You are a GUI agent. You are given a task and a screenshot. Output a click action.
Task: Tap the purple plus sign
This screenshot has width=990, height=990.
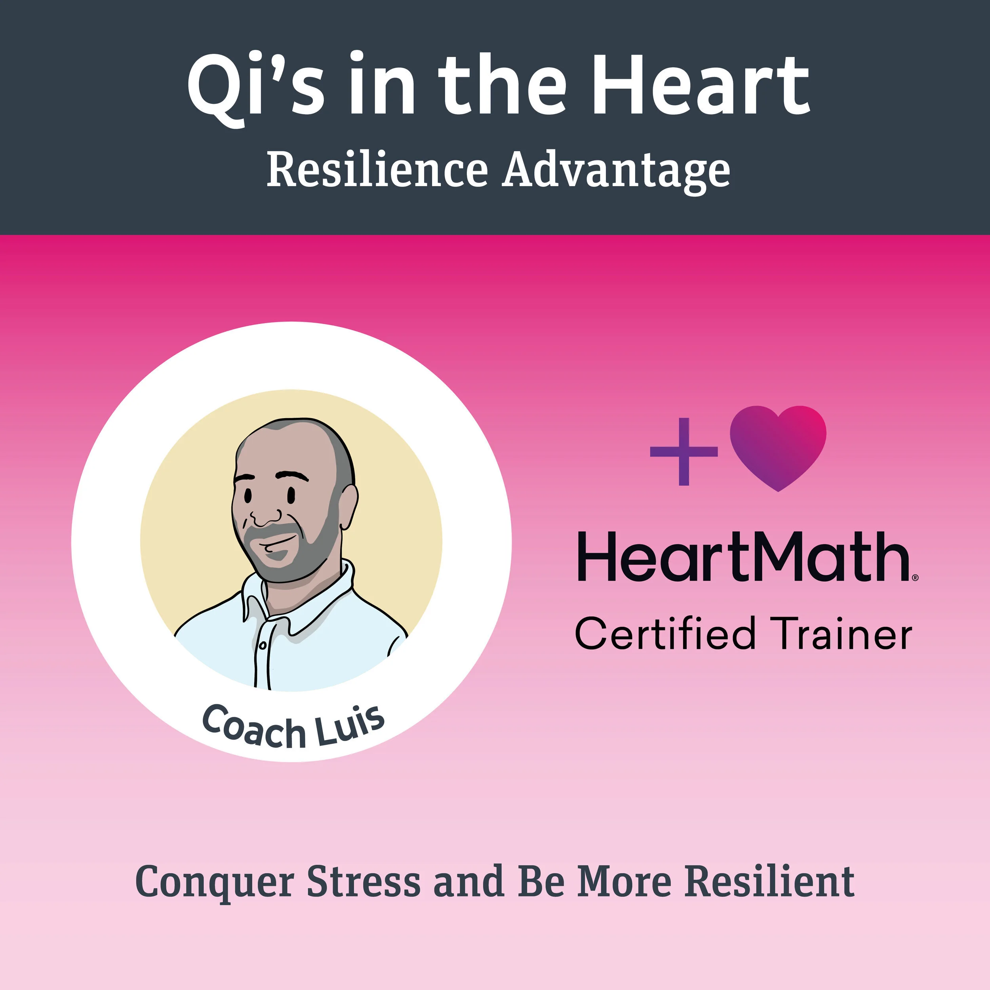[683, 451]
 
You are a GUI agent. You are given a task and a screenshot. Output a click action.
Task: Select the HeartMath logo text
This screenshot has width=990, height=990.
[743, 557]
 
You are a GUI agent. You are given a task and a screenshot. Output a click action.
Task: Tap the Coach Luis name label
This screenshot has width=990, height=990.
[293, 727]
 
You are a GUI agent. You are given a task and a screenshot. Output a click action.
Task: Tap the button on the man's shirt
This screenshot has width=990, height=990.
[263, 645]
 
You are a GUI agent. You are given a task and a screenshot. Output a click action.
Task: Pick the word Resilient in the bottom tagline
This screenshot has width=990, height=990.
[770, 881]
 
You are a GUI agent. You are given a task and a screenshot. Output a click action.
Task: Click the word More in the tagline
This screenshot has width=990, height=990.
[624, 881]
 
